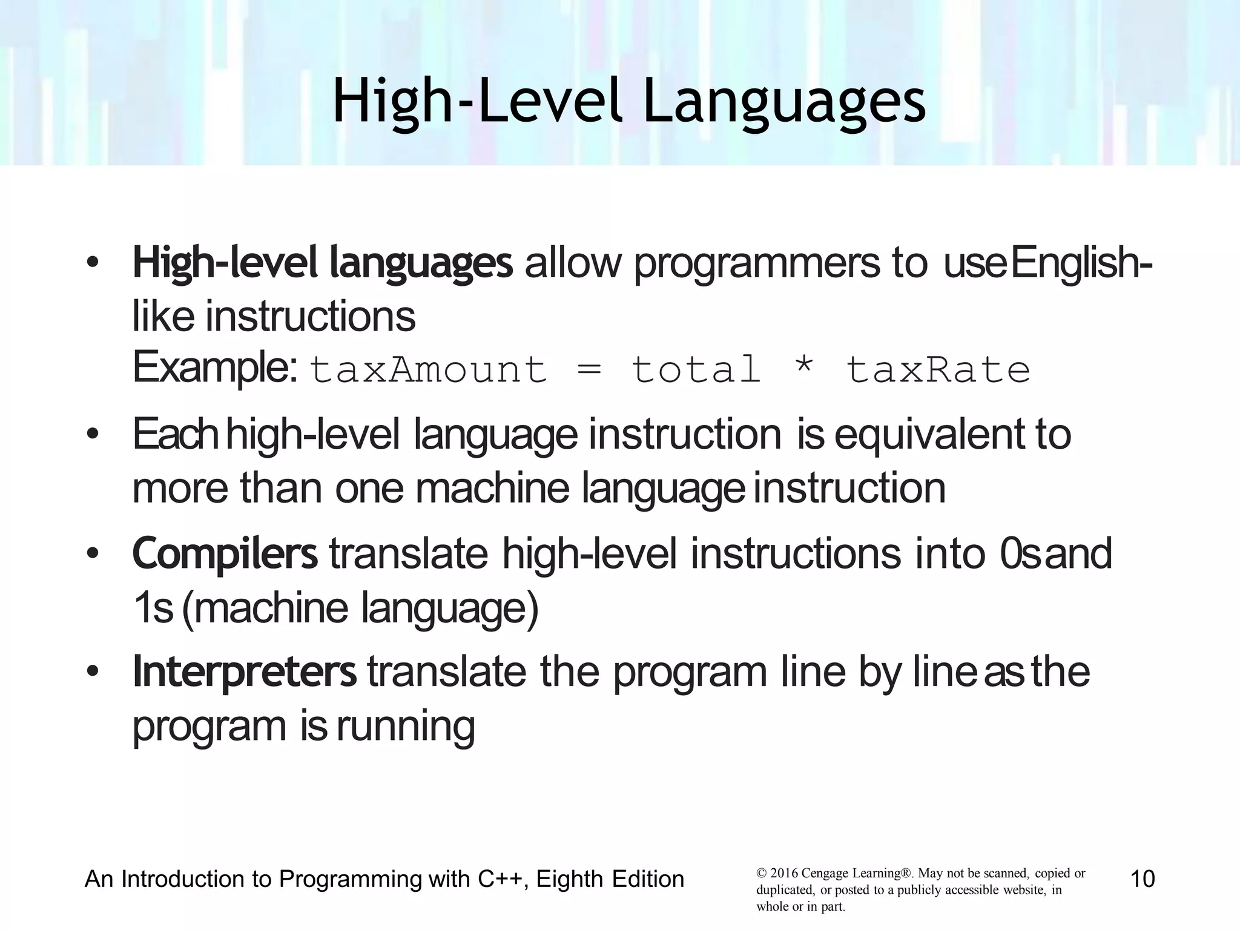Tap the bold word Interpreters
245,672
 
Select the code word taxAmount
428,370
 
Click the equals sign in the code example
589,370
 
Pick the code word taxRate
938,370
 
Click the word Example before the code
214,368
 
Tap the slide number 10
1143,879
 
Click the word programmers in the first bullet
756,264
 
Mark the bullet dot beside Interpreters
92,672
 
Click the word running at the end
406,727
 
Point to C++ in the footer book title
500,879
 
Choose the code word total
696,370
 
